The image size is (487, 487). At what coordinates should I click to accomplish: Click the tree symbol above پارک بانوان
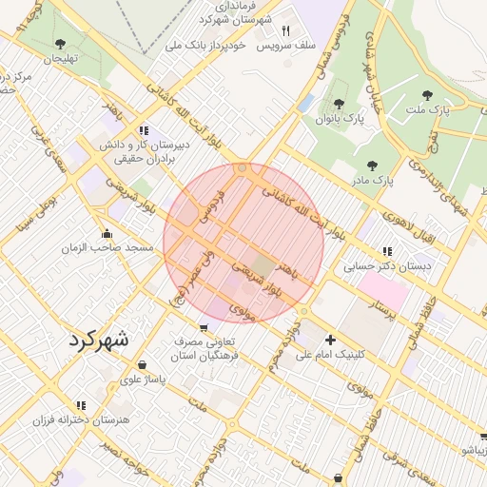(338, 104)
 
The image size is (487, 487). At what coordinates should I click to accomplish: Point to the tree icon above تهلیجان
(61, 44)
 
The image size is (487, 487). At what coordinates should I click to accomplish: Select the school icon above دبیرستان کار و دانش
(143, 130)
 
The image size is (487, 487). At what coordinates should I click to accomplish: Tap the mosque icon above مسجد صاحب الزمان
(107, 233)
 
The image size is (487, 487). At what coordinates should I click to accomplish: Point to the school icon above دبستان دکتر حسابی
(386, 252)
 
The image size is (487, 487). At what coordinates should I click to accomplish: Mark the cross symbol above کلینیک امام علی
(330, 340)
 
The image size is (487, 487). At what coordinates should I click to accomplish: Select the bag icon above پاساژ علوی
(142, 364)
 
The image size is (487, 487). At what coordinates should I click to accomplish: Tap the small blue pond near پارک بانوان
(305, 103)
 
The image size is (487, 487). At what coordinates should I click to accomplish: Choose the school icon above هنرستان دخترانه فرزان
(81, 405)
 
